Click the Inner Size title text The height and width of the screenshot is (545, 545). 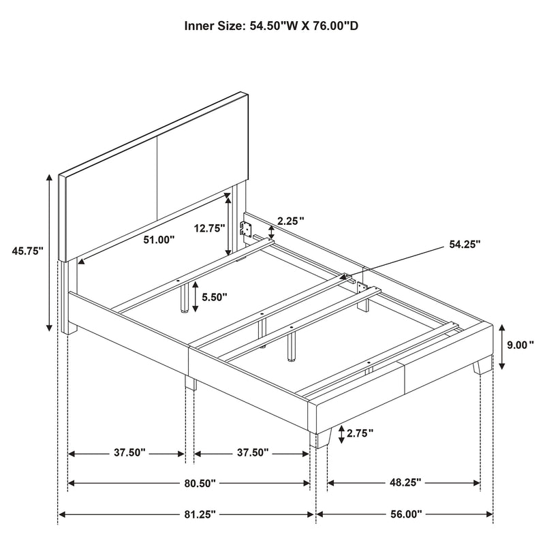(x=272, y=28)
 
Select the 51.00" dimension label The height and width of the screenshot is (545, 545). (x=158, y=240)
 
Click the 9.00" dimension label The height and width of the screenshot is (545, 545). (x=520, y=345)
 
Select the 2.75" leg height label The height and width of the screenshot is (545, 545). (x=360, y=434)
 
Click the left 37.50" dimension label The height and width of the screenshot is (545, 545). (x=126, y=452)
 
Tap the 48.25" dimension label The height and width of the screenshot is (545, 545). (x=404, y=483)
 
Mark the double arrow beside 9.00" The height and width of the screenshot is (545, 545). (x=502, y=345)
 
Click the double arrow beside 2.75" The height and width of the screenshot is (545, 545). (x=341, y=434)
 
